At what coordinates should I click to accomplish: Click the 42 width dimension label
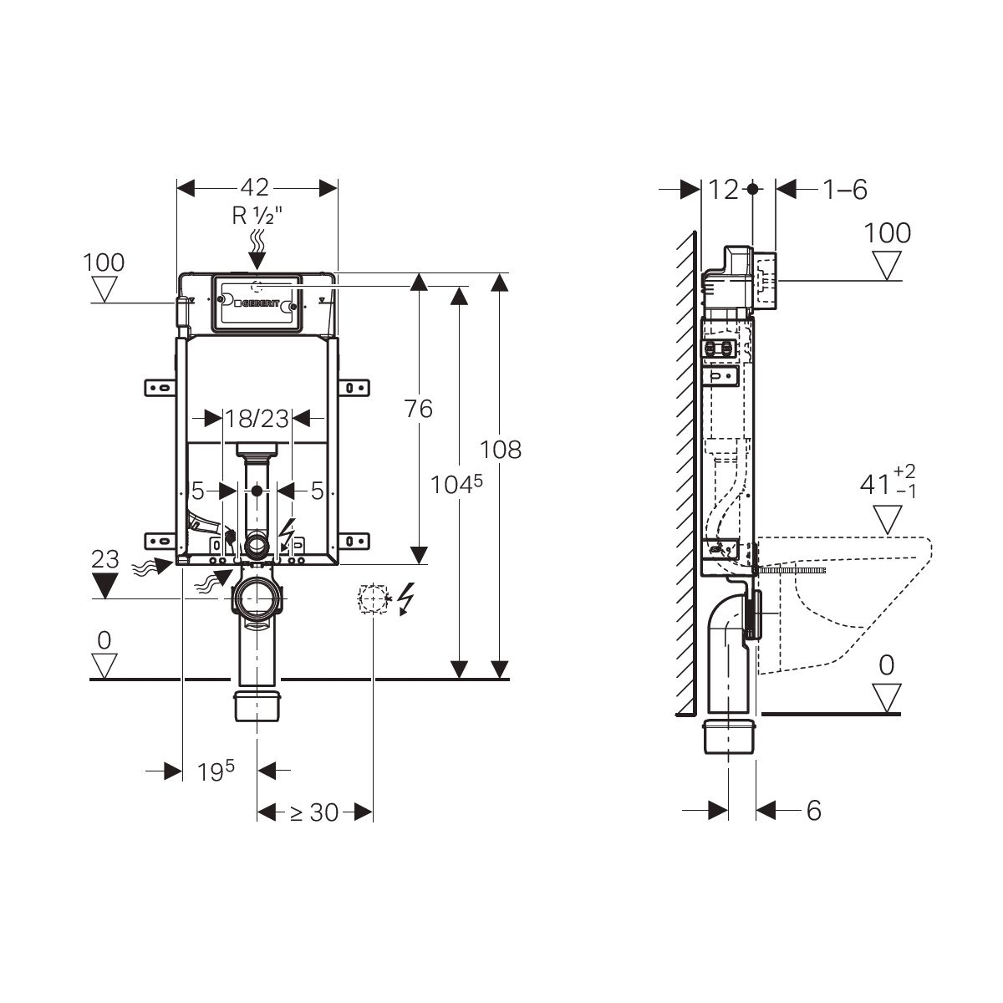point(255,187)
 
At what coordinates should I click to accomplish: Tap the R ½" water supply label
point(257,215)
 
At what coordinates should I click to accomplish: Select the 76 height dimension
point(419,409)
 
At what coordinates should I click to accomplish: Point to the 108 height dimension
point(500,450)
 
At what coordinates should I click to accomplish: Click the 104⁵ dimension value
point(456,485)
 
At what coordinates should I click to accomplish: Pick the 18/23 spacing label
point(257,419)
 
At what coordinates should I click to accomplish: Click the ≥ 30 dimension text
point(314,812)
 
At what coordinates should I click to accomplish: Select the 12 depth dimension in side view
point(724,190)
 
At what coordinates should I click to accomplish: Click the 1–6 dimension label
point(845,190)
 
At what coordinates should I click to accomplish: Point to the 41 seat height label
point(888,481)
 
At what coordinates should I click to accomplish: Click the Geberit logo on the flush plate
point(257,303)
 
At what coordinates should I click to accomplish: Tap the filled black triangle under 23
point(105,585)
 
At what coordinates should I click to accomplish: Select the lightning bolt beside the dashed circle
point(405,598)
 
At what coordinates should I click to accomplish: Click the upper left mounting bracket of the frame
point(160,388)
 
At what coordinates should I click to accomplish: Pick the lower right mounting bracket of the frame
point(354,542)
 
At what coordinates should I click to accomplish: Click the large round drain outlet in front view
point(257,598)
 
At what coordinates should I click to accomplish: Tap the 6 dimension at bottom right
point(813,811)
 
